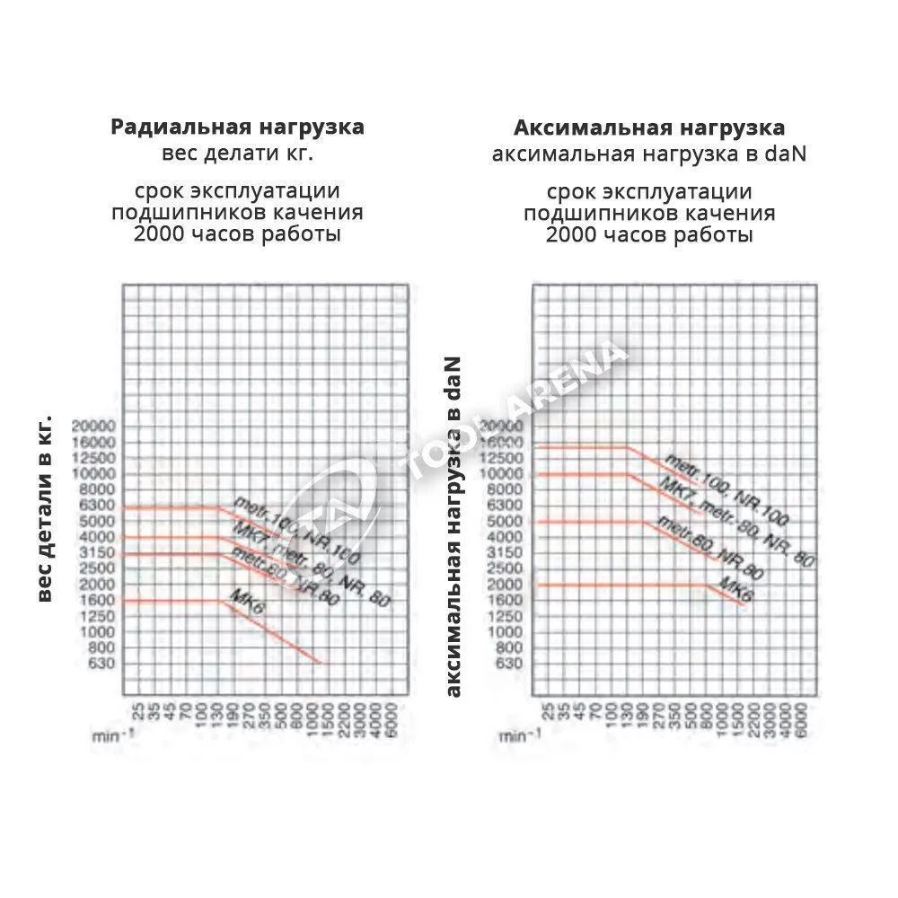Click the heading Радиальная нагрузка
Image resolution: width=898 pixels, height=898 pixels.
pyautogui.click(x=237, y=127)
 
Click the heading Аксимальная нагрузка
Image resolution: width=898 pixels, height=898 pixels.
pyautogui.click(x=648, y=127)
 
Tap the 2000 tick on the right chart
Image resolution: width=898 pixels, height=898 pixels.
pyautogui.click(x=506, y=584)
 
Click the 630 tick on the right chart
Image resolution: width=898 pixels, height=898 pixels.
pyautogui.click(x=509, y=664)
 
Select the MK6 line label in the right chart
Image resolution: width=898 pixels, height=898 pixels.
pyautogui.click(x=735, y=589)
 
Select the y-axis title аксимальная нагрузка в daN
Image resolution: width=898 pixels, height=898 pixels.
pyautogui.click(x=454, y=526)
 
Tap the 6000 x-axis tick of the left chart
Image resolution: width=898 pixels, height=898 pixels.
pyautogui.click(x=393, y=718)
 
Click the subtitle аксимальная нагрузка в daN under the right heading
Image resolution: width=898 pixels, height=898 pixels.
pyautogui.click(x=648, y=154)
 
